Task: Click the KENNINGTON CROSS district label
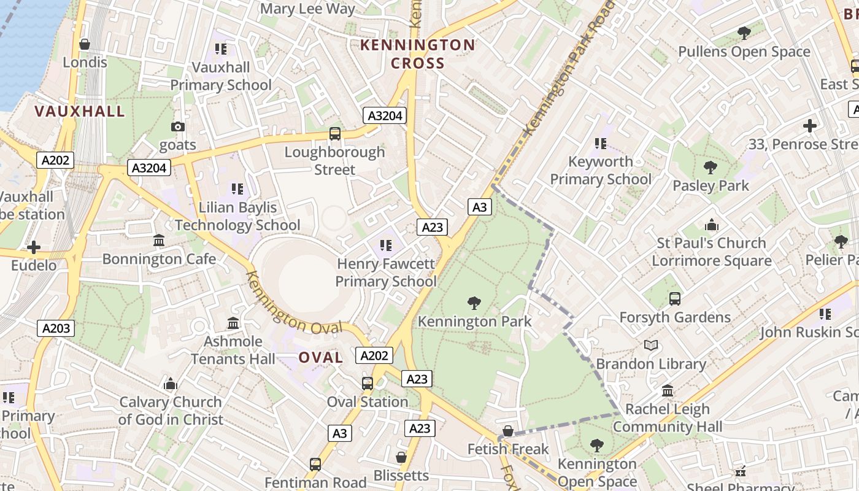[417, 54]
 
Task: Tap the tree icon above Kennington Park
[474, 303]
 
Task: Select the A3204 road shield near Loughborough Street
[385, 115]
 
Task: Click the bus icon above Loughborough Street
[335, 133]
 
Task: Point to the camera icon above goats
[178, 127]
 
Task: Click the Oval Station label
[368, 402]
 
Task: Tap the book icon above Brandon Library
[651, 346]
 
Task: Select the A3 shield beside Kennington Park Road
[480, 207]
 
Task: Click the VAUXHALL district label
[80, 111]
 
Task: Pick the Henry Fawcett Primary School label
[386, 273]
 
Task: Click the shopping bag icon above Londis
[85, 44]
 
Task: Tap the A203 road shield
[56, 328]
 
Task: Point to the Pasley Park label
[711, 185]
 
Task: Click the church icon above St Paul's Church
[712, 225]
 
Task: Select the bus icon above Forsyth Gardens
[675, 299]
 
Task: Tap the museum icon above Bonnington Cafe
[159, 241]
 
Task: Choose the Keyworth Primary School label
[600, 171]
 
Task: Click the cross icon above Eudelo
[34, 247]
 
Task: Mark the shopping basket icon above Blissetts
[401, 457]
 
